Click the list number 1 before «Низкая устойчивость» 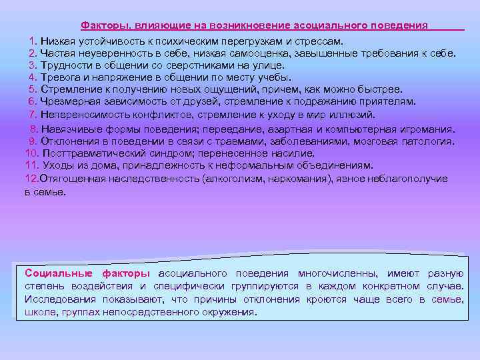tap(33, 41)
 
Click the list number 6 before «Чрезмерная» tap(32, 101)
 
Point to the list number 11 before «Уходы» tap(31, 165)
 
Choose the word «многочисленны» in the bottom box tap(337, 273)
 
